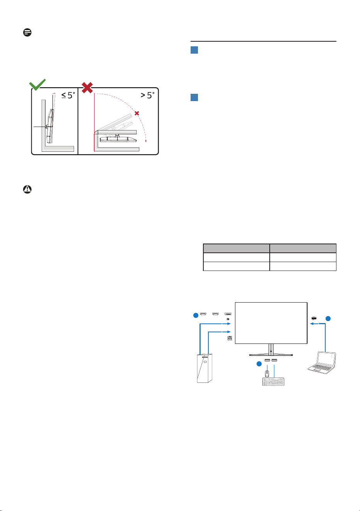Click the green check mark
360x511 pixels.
37,85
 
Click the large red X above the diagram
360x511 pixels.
87,88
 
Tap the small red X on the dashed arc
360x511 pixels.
137,113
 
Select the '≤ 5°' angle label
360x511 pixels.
68,95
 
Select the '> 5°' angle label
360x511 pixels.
147,95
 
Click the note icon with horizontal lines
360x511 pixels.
27,32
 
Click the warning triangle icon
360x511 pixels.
27,190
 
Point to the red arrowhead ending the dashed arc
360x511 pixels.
146,141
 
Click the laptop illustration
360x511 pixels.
322,363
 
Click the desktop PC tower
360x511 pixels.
205,368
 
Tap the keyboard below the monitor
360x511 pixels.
273,382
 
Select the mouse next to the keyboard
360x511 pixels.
267,374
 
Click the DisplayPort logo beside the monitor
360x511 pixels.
228,319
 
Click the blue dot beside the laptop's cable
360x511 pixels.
328,318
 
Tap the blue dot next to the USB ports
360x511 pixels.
259,364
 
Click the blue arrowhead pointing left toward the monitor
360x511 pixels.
312,323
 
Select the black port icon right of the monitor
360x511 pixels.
314,318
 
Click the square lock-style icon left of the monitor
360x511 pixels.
230,338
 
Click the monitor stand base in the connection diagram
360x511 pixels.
271,355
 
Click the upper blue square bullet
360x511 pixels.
194,50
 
